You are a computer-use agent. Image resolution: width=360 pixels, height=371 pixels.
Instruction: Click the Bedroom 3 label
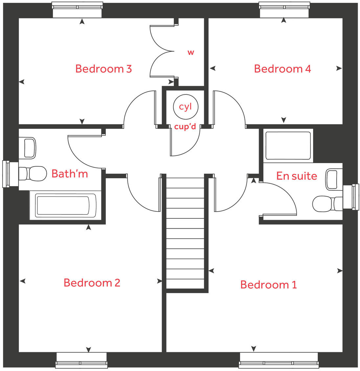[103, 69]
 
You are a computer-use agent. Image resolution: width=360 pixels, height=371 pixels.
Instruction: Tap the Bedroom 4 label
[282, 69]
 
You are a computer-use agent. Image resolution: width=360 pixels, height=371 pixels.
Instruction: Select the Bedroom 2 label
[92, 283]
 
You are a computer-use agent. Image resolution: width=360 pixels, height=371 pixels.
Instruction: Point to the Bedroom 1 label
[268, 284]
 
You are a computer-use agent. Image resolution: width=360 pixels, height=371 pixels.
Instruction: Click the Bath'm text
[70, 173]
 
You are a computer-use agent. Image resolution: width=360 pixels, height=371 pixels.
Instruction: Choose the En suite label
[297, 176]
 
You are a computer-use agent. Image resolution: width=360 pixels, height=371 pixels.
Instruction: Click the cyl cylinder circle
[186, 107]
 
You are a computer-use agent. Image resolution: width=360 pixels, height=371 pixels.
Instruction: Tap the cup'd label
[185, 127]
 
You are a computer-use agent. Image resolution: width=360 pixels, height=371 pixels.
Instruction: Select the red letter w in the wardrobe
[191, 52]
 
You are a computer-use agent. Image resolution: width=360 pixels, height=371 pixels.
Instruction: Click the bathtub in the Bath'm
[62, 206]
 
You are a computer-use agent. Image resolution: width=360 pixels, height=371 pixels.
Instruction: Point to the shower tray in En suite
[288, 145]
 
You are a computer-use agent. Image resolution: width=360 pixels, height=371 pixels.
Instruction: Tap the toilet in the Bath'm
[33, 173]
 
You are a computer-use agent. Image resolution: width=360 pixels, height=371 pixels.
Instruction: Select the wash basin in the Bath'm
[30, 148]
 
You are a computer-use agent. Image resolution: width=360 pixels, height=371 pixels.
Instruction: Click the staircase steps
[185, 234]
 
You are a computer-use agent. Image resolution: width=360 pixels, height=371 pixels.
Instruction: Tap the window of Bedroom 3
[77, 10]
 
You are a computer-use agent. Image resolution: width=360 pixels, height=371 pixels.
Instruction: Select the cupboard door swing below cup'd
[184, 143]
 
